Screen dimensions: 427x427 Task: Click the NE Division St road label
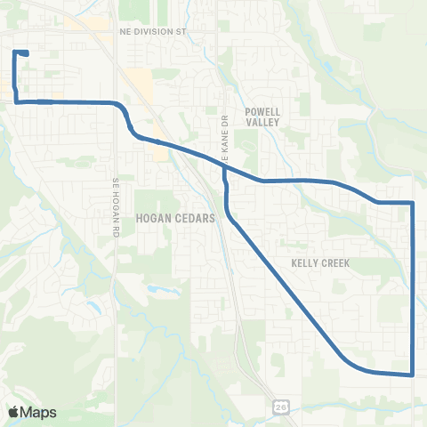tap(156, 30)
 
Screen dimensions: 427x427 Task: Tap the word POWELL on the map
tap(262, 112)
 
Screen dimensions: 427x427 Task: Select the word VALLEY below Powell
tap(262, 125)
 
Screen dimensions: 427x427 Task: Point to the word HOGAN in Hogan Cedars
tap(153, 216)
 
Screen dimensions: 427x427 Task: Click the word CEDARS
tap(194, 216)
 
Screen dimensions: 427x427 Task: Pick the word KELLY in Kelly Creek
tap(307, 263)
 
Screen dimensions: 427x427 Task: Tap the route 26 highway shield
tap(280, 405)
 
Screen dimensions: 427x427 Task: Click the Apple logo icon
tap(12, 412)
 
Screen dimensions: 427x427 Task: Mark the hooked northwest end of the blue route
tap(27, 53)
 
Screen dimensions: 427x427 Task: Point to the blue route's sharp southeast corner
tap(414, 375)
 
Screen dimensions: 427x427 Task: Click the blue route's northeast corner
tap(414, 204)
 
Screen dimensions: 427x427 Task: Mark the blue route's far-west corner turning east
tap(16, 101)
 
